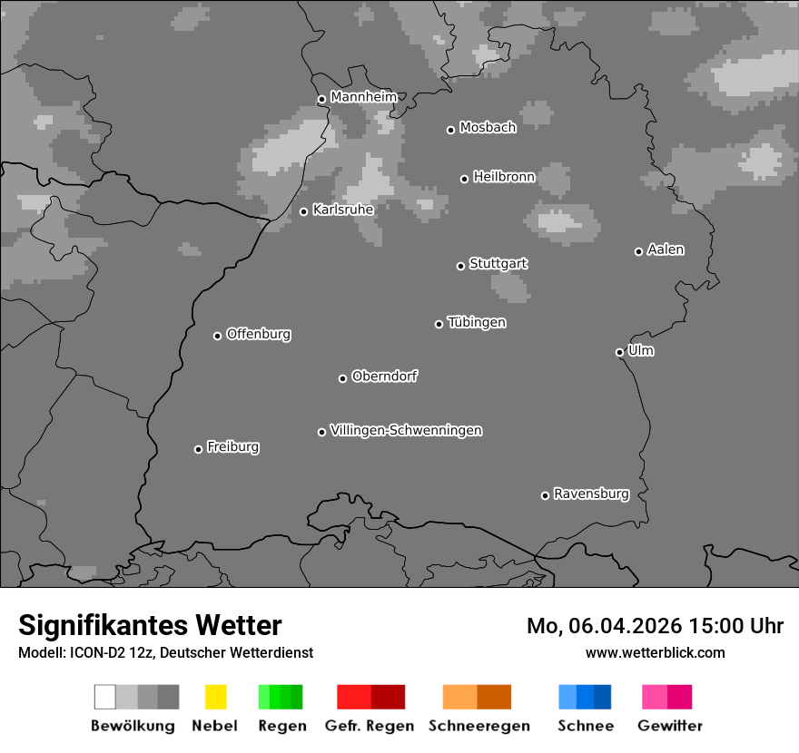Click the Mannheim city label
pos(363,96)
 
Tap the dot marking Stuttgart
pos(460,266)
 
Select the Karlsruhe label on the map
pos(342,210)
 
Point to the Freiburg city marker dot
pos(198,449)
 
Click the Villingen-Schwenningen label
pos(406,430)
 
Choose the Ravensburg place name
pos(591,494)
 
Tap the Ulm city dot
pos(619,352)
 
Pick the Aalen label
pos(666,249)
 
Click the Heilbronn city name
pos(504,177)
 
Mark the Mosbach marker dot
pos(450,130)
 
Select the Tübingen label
pos(477,322)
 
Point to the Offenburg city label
pos(258,334)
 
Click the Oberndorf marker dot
pos(342,378)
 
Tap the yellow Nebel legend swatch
pos(215,697)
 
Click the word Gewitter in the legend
pos(670,726)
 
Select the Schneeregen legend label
pos(479,726)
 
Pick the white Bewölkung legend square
pos(105,697)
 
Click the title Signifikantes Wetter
pos(150,625)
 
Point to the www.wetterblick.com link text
pos(655,652)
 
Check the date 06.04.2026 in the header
pos(624,626)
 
